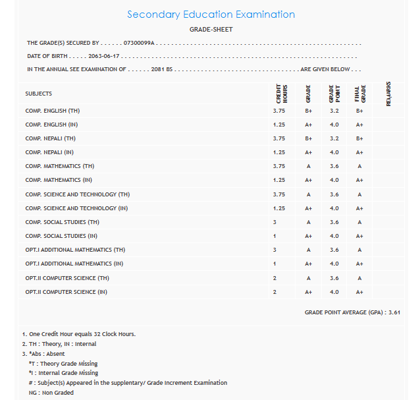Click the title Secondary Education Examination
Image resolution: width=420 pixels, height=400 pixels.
[211, 14]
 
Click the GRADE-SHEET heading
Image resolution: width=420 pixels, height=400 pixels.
[211, 30]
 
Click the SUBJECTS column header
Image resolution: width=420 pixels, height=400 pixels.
[39, 94]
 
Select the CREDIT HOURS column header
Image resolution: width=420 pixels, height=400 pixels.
[278, 94]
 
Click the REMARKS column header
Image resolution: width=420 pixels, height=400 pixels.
[388, 94]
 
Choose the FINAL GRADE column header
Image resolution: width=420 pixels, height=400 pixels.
[359, 94]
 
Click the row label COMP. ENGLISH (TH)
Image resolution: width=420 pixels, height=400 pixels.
[53, 111]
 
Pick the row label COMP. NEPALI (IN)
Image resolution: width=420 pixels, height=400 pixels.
[50, 152]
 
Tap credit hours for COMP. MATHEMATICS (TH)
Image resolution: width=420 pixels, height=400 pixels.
[278, 166]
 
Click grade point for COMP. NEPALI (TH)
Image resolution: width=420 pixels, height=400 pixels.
[334, 138]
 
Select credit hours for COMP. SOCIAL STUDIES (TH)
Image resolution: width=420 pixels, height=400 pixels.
[275, 222]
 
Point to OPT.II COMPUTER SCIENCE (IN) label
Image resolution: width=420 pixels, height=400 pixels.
[66, 292]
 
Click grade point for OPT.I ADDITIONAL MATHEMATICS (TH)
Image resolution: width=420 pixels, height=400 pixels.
[334, 250]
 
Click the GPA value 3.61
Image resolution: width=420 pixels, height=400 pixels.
[394, 312]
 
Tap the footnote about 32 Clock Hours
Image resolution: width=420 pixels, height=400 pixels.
[79, 334]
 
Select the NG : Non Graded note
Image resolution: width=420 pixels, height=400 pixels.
[51, 393]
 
